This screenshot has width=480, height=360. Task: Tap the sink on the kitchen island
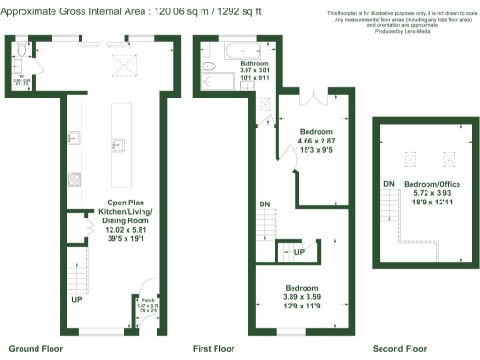point(117,145)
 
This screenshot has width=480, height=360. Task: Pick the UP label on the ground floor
point(75,300)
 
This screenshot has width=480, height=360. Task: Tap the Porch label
point(142,300)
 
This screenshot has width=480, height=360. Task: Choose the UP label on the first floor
point(299,252)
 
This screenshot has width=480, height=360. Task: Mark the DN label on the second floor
point(387,183)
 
